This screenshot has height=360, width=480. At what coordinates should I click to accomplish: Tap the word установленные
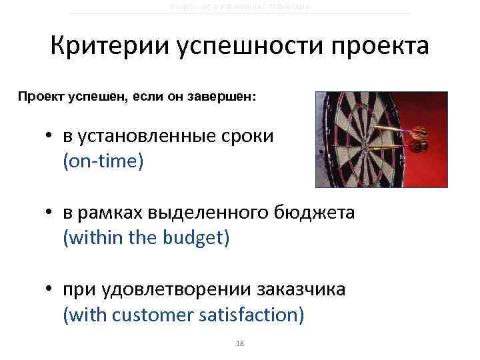pyautogui.click(x=145, y=137)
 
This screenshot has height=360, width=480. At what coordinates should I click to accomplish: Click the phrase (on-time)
pyautogui.click(x=103, y=161)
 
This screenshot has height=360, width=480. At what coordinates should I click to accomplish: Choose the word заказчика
pyautogui.click(x=303, y=290)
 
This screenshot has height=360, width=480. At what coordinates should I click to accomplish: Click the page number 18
pyautogui.click(x=241, y=343)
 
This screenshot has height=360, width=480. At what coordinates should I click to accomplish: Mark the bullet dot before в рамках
pyautogui.click(x=49, y=215)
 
